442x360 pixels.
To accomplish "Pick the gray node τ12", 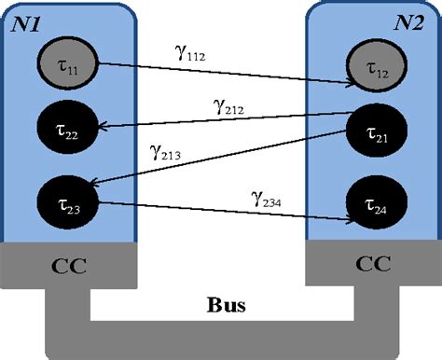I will [377, 68].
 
